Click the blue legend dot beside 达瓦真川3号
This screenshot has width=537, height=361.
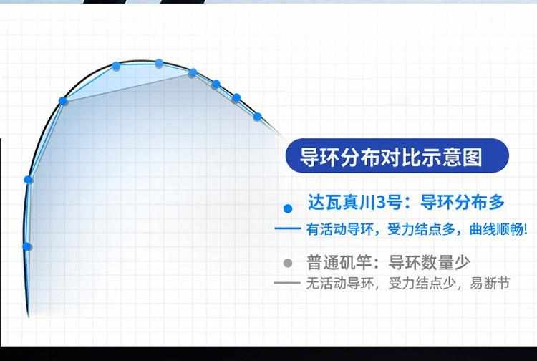pyautogui.click(x=288, y=208)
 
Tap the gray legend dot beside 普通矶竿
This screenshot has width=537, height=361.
pyautogui.click(x=288, y=263)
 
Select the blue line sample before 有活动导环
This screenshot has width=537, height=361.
pyautogui.click(x=288, y=228)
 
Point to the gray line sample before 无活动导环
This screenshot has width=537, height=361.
pyautogui.click(x=287, y=283)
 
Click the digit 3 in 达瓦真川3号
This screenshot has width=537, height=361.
pyautogui.click(x=381, y=203)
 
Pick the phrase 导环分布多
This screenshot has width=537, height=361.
pyautogui.click(x=463, y=202)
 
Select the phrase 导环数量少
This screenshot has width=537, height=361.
pyautogui.click(x=429, y=263)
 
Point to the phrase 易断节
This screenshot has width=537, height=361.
pyautogui.click(x=490, y=283)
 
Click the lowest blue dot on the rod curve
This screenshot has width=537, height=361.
pyautogui.click(x=27, y=246)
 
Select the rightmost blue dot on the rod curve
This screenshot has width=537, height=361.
pyautogui.click(x=258, y=117)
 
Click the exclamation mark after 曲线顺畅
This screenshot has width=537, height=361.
pyautogui.click(x=526, y=229)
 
